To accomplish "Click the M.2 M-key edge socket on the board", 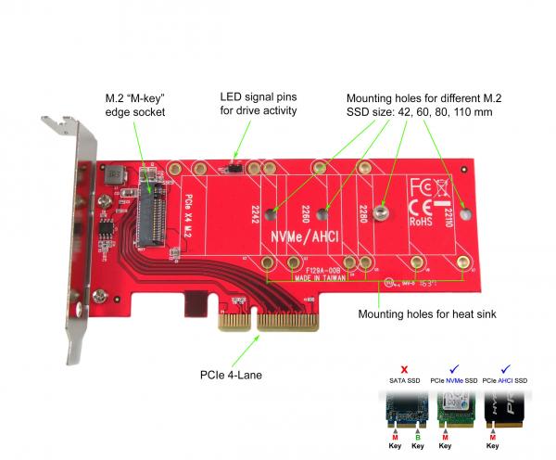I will [x=153, y=214].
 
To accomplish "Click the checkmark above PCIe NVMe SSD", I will [x=453, y=368].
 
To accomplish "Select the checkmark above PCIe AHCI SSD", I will [x=506, y=368].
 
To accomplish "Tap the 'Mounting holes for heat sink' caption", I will [x=427, y=314].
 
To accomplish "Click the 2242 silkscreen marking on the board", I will [x=248, y=216].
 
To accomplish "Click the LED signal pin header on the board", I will [x=236, y=170].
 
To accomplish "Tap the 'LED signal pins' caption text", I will [x=259, y=104].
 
